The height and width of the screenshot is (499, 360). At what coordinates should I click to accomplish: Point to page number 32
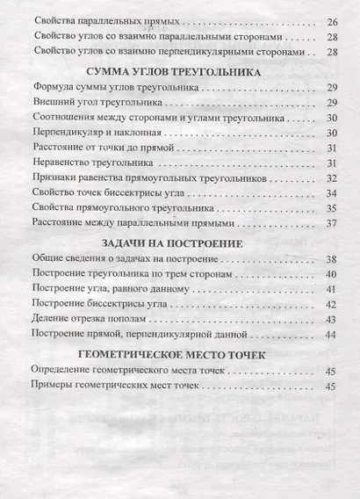click(331, 178)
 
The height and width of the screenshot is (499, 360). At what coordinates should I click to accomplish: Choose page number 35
click(331, 209)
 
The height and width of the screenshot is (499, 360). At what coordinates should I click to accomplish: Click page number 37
click(331, 225)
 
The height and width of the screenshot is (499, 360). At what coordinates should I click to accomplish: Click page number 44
click(331, 335)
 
